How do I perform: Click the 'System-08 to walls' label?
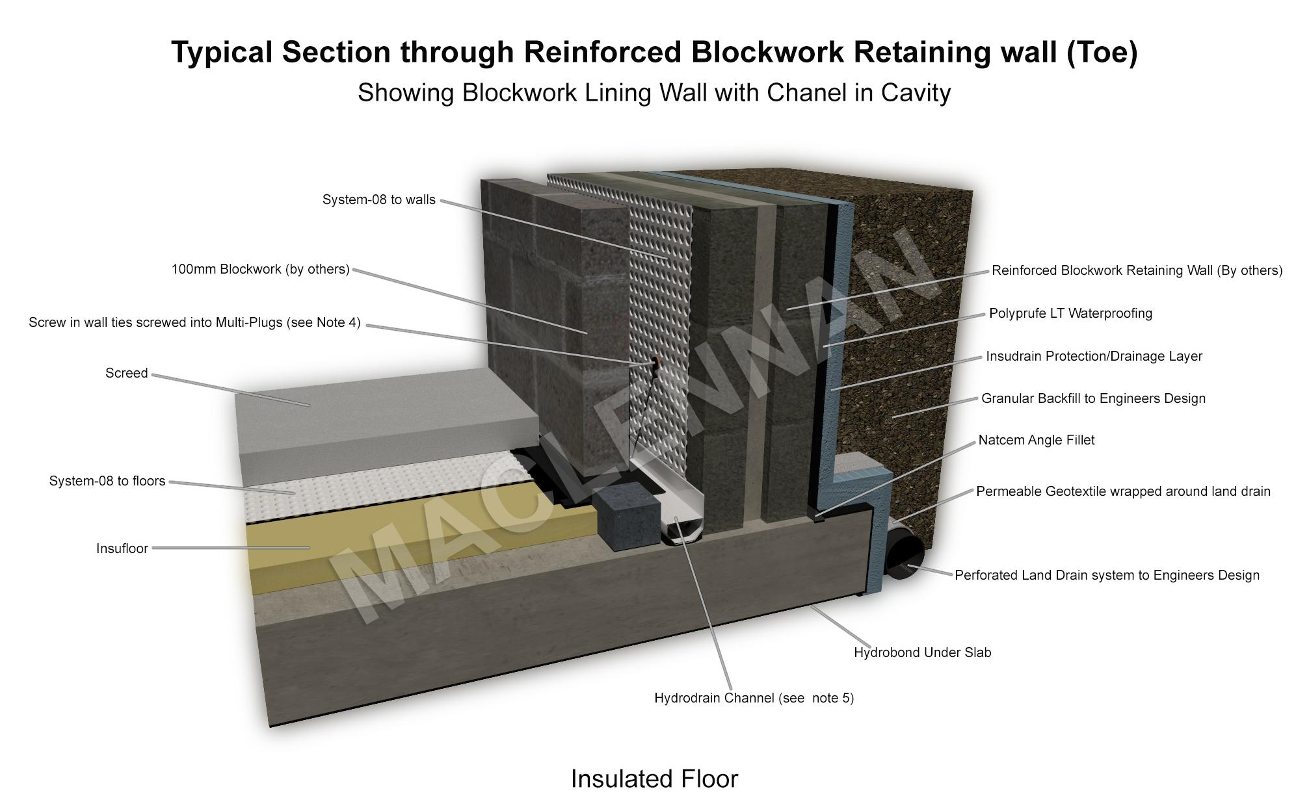[x=378, y=200]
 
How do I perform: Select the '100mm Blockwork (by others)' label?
[x=260, y=270]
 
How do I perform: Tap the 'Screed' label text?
[x=126, y=374]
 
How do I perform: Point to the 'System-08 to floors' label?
[x=107, y=482]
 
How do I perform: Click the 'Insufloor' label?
[x=122, y=549]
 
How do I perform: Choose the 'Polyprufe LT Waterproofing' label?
[x=1070, y=314]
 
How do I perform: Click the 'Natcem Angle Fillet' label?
[x=1036, y=441]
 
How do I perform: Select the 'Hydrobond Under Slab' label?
[x=922, y=653]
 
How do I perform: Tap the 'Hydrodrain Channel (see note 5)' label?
[x=754, y=699]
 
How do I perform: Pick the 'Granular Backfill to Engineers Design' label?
[x=1093, y=399]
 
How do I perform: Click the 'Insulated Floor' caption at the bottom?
[x=654, y=779]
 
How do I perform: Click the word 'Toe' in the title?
[x=1101, y=52]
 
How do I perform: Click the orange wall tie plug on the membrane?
[x=653, y=361]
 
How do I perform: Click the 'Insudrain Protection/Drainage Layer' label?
[x=1094, y=357]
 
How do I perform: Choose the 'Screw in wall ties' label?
[x=194, y=323]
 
